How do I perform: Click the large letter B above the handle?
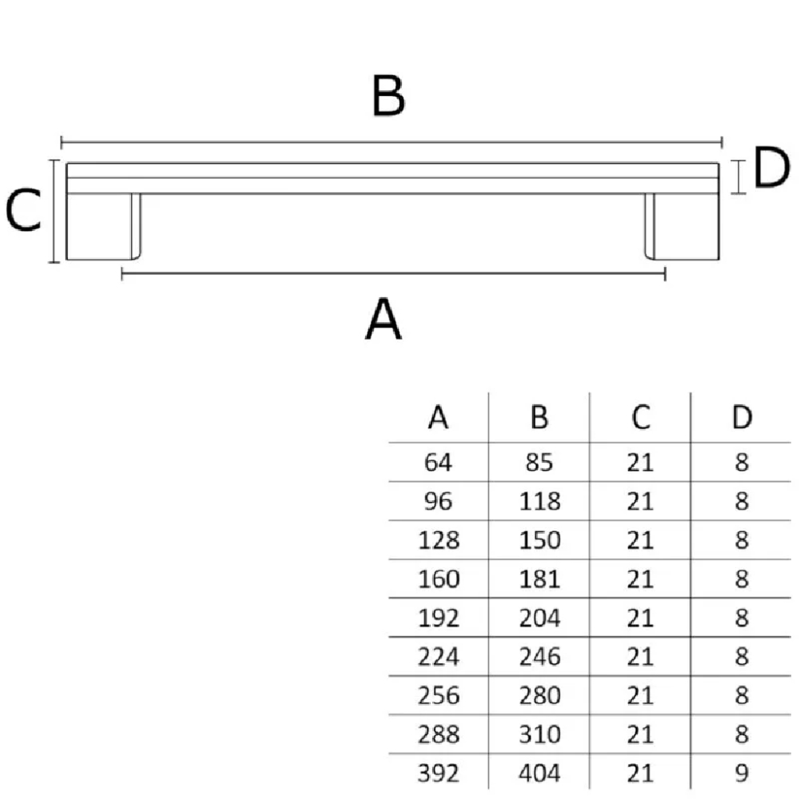[388, 95]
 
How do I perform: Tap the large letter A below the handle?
[384, 319]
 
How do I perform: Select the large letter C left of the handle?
[23, 209]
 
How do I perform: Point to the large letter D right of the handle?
[771, 167]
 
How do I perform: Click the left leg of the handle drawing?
[103, 226]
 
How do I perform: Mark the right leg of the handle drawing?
[682, 226]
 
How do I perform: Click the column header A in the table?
[438, 417]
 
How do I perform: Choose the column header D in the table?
[742, 417]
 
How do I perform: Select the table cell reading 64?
[438, 463]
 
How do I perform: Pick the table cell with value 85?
[539, 463]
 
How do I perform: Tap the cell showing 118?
[539, 502]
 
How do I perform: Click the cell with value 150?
[539, 540]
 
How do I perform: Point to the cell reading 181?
[539, 579]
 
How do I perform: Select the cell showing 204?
[539, 618]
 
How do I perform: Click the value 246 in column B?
[539, 657]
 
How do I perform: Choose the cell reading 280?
[539, 696]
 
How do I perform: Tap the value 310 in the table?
[539, 734]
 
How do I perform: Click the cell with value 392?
[438, 773]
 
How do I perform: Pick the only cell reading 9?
[742, 773]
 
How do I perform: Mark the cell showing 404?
[539, 773]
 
